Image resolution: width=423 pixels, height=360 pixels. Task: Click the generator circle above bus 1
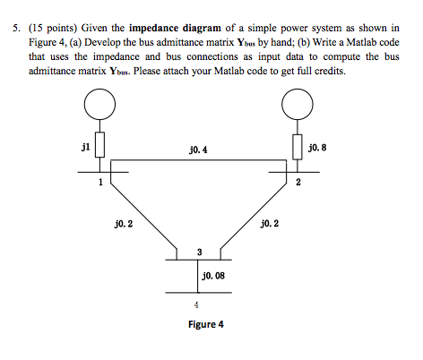99,89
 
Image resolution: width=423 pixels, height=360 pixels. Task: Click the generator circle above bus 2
298,89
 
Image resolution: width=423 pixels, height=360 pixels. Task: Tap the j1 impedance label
85,147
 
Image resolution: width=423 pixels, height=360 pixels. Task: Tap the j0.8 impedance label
317,148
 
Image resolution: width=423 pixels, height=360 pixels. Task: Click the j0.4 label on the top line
198,150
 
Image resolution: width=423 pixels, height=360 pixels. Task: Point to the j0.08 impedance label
213,276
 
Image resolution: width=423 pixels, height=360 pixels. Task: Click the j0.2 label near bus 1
124,224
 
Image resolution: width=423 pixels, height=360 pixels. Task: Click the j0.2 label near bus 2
270,223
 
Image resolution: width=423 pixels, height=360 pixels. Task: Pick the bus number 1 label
100,182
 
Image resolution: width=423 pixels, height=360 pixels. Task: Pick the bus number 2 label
298,182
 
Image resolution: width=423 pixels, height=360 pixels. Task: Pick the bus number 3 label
200,253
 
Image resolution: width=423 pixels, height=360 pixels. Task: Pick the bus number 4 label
196,304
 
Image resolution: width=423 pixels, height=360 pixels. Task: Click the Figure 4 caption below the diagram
206,324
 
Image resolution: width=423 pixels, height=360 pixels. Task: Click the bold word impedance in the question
154,28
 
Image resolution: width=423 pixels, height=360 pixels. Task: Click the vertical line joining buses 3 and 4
197,276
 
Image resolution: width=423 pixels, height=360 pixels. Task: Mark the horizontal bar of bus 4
198,293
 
